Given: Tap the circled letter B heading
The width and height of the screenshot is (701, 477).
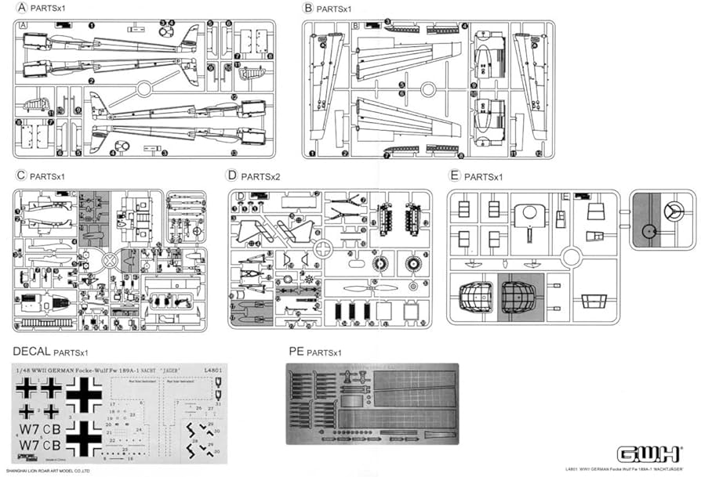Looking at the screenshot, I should coord(308,9).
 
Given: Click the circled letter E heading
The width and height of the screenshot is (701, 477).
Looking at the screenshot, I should coord(455,176).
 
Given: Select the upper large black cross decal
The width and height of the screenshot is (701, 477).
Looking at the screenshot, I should coord(85,394).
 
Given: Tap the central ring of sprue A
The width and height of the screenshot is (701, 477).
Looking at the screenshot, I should coord(143,89).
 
